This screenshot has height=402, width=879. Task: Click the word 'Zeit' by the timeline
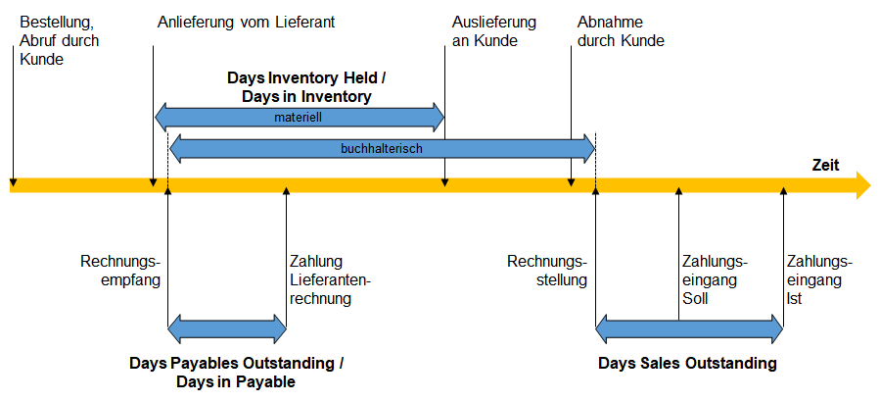826,166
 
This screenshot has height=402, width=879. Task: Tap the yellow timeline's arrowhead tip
872,185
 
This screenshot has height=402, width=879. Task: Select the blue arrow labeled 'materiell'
300,118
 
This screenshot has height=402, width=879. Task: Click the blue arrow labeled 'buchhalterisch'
382,149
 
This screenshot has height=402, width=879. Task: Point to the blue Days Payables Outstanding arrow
227,329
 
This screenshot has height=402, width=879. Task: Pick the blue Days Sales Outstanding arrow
689,329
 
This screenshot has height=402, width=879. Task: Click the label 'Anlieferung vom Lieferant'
246,23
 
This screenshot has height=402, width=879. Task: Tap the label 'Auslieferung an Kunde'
494,31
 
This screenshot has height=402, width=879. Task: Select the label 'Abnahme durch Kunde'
621,31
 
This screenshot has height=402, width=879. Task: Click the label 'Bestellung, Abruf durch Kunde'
60,41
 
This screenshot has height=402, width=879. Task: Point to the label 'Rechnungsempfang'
120,271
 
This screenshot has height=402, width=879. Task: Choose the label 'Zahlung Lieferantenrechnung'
331,280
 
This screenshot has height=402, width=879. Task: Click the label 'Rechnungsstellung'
547,271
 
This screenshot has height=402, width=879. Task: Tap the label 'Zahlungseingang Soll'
716,280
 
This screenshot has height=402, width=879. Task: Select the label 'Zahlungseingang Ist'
819,280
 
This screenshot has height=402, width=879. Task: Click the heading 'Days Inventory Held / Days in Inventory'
306,87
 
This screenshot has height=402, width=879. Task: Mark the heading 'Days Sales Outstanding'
687,363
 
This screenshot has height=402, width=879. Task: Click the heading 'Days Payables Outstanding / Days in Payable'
236,373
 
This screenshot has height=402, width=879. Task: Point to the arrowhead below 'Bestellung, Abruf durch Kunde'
14,182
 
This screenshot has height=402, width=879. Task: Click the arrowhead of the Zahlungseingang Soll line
678,191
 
